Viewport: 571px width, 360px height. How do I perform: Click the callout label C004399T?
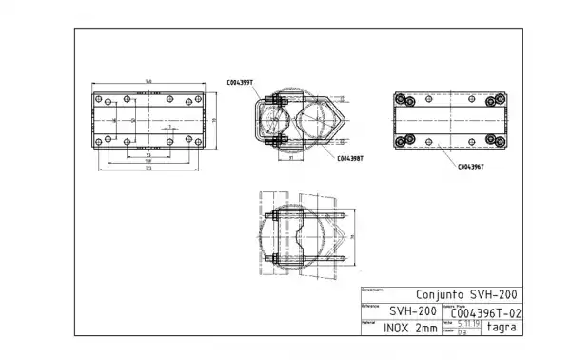click(x=239, y=83)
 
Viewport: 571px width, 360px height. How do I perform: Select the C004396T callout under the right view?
click(x=470, y=166)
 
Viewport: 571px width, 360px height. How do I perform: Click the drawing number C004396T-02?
click(x=485, y=311)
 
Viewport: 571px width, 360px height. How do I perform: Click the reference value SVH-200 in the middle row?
click(x=412, y=311)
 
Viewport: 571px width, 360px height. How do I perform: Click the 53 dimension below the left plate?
click(x=148, y=156)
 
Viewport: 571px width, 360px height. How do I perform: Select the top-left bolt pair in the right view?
click(x=404, y=100)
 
